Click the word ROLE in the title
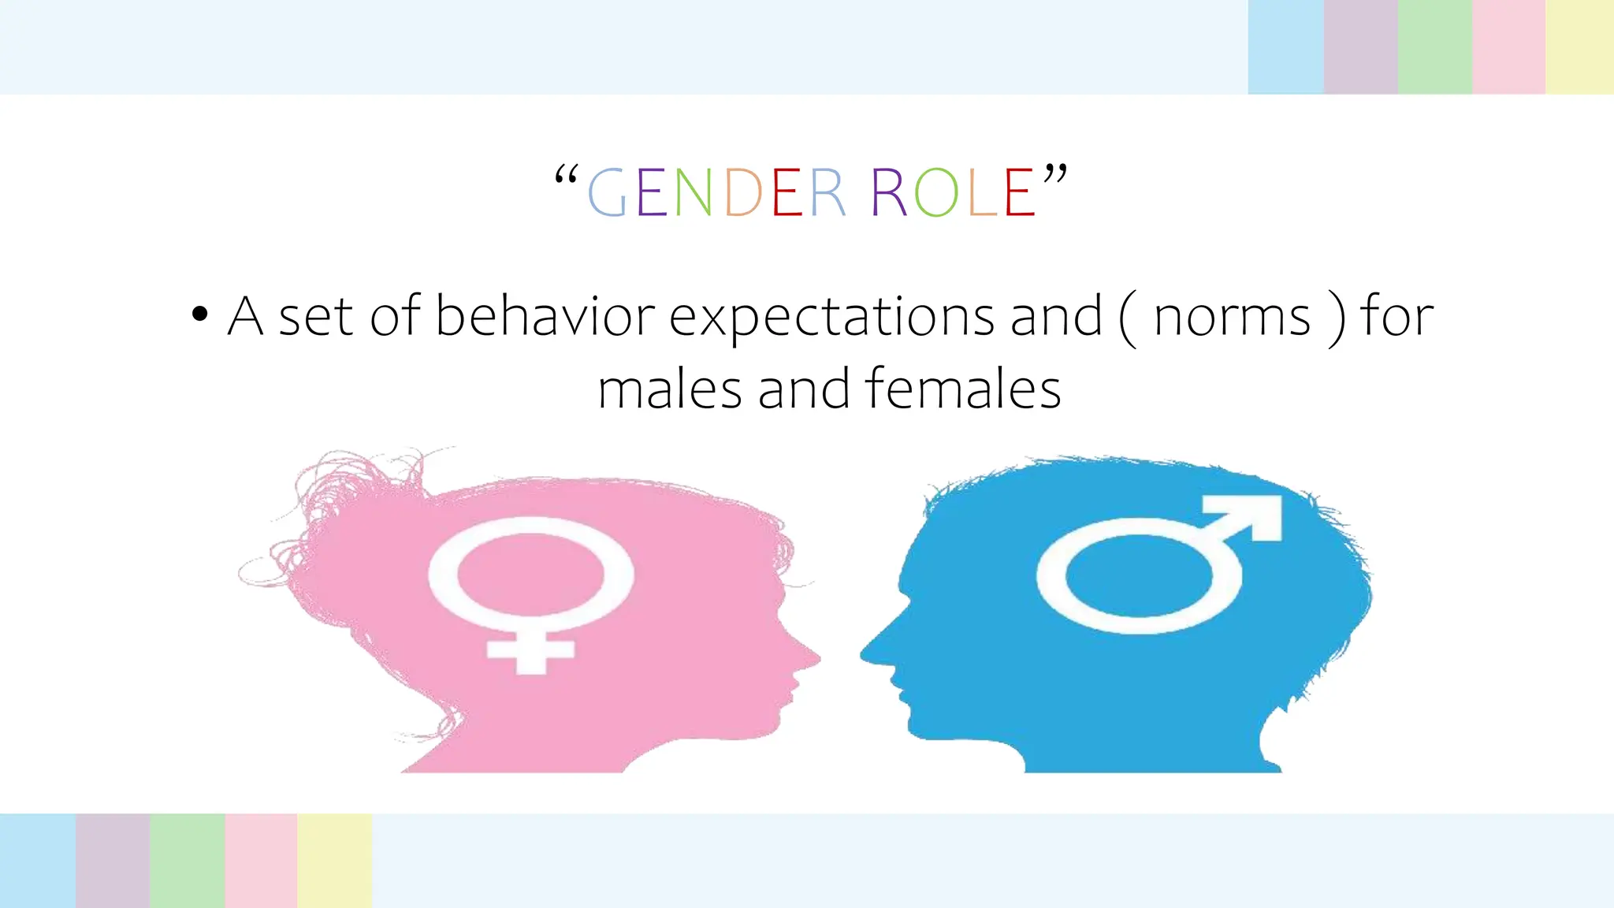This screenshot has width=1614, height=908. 952,192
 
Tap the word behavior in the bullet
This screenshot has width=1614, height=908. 545,316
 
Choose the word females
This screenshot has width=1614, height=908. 962,389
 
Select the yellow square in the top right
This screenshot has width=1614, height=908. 1579,47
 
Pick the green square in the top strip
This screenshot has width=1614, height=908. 1434,47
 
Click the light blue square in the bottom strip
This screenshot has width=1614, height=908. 38,861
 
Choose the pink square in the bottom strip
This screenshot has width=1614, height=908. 261,861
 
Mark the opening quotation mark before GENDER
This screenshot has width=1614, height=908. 567,176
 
